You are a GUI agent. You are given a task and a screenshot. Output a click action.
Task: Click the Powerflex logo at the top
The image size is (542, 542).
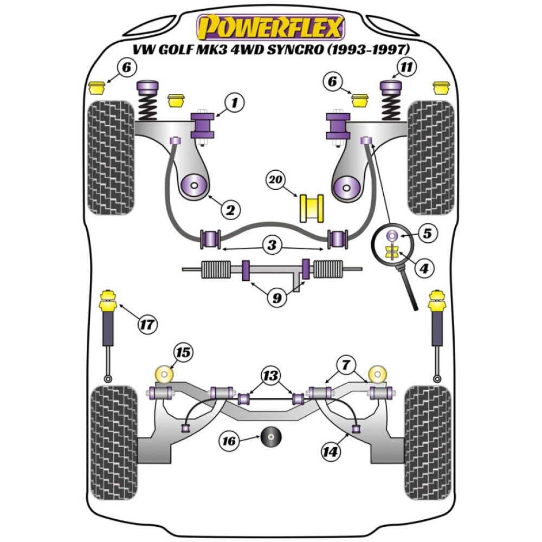(x=271, y=27)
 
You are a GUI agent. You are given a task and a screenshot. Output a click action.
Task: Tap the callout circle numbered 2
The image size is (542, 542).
(x=230, y=210)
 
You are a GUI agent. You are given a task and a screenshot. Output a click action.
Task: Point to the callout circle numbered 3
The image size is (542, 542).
(x=272, y=245)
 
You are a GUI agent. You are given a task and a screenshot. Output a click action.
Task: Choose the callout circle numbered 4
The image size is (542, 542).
(x=425, y=267)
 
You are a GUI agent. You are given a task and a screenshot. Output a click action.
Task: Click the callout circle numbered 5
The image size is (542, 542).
(x=427, y=235)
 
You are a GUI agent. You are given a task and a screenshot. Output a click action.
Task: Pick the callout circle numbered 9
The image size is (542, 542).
(x=277, y=298)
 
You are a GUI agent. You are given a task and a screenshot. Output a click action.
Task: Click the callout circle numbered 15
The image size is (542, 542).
(x=183, y=353)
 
